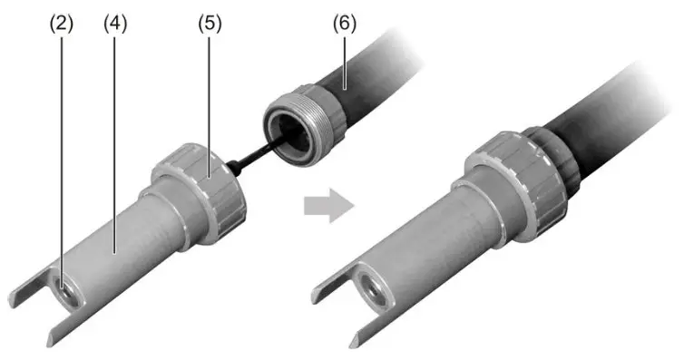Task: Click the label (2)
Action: point(61,23)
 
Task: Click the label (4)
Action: point(115,23)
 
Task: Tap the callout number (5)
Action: point(210,23)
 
